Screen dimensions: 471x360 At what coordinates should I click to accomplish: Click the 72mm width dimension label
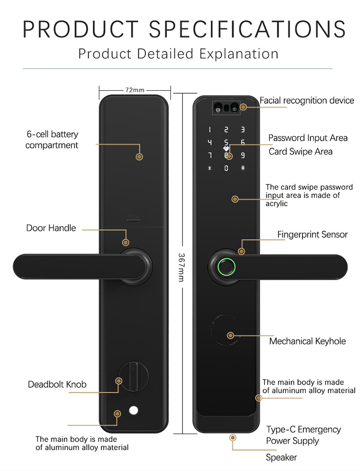tap(135, 90)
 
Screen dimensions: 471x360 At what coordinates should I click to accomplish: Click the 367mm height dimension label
tap(181, 267)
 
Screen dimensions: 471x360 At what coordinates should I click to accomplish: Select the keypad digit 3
tap(242, 130)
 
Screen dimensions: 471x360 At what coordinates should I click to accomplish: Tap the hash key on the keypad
tap(242, 168)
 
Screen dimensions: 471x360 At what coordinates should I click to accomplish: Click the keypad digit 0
tap(226, 168)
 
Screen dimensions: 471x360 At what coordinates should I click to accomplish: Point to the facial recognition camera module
tap(226, 109)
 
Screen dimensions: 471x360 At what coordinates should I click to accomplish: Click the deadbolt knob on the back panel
tap(133, 377)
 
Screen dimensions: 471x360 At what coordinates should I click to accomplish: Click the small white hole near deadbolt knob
tap(134, 411)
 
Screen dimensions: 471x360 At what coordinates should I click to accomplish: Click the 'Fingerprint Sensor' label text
tap(312, 235)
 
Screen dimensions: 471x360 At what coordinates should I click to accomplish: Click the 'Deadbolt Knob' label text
tap(57, 385)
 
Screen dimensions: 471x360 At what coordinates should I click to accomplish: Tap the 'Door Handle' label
tap(51, 228)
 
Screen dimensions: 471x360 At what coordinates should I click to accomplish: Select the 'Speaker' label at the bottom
tap(281, 458)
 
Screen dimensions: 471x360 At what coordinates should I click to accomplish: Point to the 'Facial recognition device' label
tap(307, 100)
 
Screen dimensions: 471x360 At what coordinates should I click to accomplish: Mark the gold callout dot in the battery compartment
tap(140, 157)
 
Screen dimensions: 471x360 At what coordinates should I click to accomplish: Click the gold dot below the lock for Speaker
tap(233, 438)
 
